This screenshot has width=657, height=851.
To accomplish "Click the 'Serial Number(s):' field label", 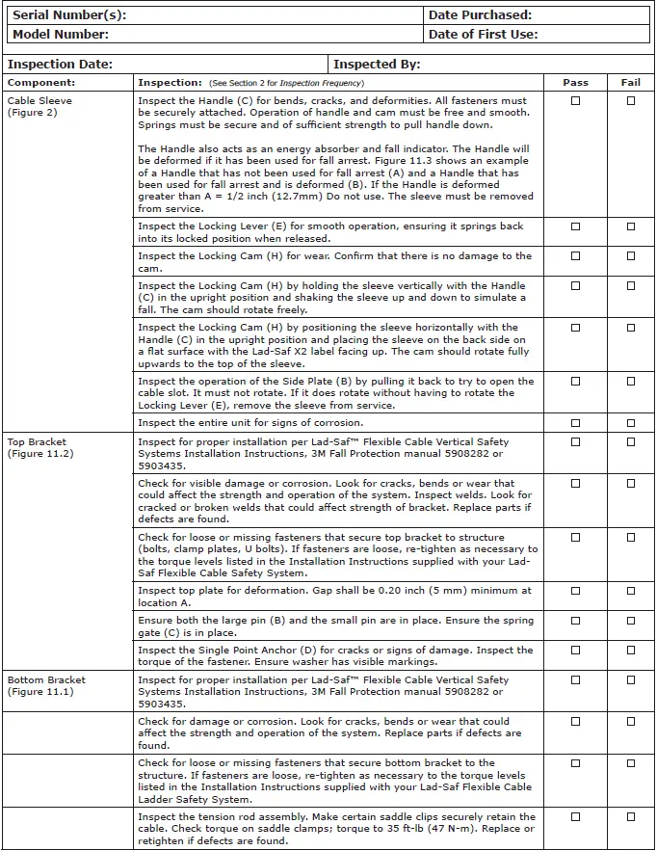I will (x=69, y=15).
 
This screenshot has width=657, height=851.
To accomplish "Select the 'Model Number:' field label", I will (x=61, y=35).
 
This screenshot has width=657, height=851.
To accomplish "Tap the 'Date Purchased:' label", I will (x=480, y=15).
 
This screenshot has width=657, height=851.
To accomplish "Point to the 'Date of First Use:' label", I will (x=483, y=35).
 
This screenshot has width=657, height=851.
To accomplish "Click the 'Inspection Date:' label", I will (x=61, y=65).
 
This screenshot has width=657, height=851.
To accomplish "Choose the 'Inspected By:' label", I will (x=377, y=65).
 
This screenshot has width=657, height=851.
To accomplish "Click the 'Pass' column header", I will (x=575, y=83).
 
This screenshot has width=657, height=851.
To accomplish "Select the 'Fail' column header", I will (x=631, y=83).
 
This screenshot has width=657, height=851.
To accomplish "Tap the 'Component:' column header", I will (x=41, y=83).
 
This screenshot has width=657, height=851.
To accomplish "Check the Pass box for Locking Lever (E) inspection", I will (x=576, y=227).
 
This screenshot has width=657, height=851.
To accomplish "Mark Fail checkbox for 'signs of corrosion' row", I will (x=631, y=423).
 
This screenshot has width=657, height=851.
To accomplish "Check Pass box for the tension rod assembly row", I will (x=576, y=817).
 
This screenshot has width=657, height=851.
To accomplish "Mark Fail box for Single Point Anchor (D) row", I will (x=631, y=651).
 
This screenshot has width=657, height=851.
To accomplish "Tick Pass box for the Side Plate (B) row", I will (x=576, y=382).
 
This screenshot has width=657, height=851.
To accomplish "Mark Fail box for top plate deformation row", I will (x=631, y=591).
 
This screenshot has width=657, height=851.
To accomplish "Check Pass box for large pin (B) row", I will (x=576, y=621).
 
